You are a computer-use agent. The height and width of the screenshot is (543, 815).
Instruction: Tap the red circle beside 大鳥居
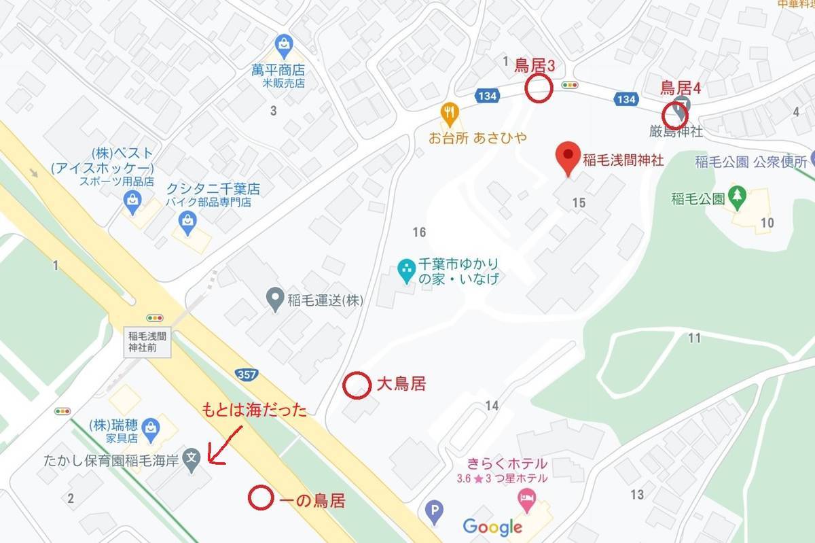coord(356,385)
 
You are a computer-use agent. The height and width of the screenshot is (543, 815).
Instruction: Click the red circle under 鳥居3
coord(539,89)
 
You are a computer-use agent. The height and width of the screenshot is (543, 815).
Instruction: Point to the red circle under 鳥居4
coord(676,114)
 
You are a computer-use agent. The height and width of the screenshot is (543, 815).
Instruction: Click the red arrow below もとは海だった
coord(224,444)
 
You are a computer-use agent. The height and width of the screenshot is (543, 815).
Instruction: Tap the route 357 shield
coord(246,374)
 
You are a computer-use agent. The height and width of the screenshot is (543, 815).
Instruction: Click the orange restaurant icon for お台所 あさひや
coord(448,113)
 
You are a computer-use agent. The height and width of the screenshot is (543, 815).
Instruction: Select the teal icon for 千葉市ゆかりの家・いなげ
coord(406,270)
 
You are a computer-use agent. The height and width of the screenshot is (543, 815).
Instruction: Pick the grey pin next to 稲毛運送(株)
coord(274,299)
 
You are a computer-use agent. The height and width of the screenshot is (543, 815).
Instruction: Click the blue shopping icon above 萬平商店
coord(284,44)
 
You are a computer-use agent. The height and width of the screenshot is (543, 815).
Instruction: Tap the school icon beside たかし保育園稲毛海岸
coord(193,459)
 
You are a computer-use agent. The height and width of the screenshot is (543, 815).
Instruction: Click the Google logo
coord(492,526)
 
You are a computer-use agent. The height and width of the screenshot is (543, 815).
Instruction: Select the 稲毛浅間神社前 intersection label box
coord(147,341)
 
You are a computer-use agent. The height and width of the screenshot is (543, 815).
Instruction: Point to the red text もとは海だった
coord(255,410)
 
